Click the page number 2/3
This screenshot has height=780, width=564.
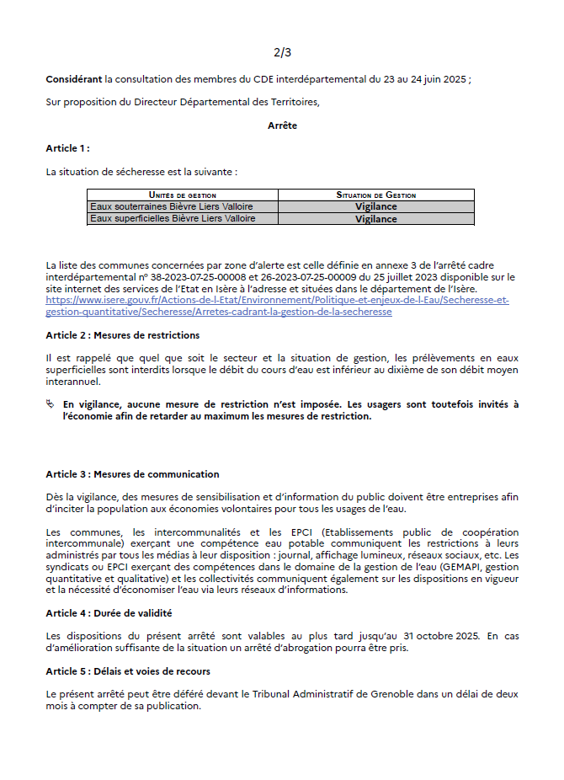point(282,52)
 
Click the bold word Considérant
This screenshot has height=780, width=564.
point(74,79)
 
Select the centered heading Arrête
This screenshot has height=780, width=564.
point(282,126)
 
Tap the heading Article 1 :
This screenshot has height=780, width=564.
point(67,148)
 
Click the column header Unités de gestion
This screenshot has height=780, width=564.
point(183,195)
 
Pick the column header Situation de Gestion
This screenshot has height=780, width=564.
point(375,195)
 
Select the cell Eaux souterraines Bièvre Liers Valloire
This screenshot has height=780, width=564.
point(172,206)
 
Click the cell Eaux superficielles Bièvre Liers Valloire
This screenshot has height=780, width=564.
point(173,218)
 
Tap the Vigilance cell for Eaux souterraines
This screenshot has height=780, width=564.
point(375,206)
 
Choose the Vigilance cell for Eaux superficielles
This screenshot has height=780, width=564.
point(375,219)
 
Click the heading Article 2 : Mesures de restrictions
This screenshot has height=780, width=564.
point(123,335)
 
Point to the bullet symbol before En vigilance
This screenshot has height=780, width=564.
point(51,404)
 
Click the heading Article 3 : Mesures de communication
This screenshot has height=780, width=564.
point(132,474)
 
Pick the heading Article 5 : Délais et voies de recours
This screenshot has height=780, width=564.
point(128,671)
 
